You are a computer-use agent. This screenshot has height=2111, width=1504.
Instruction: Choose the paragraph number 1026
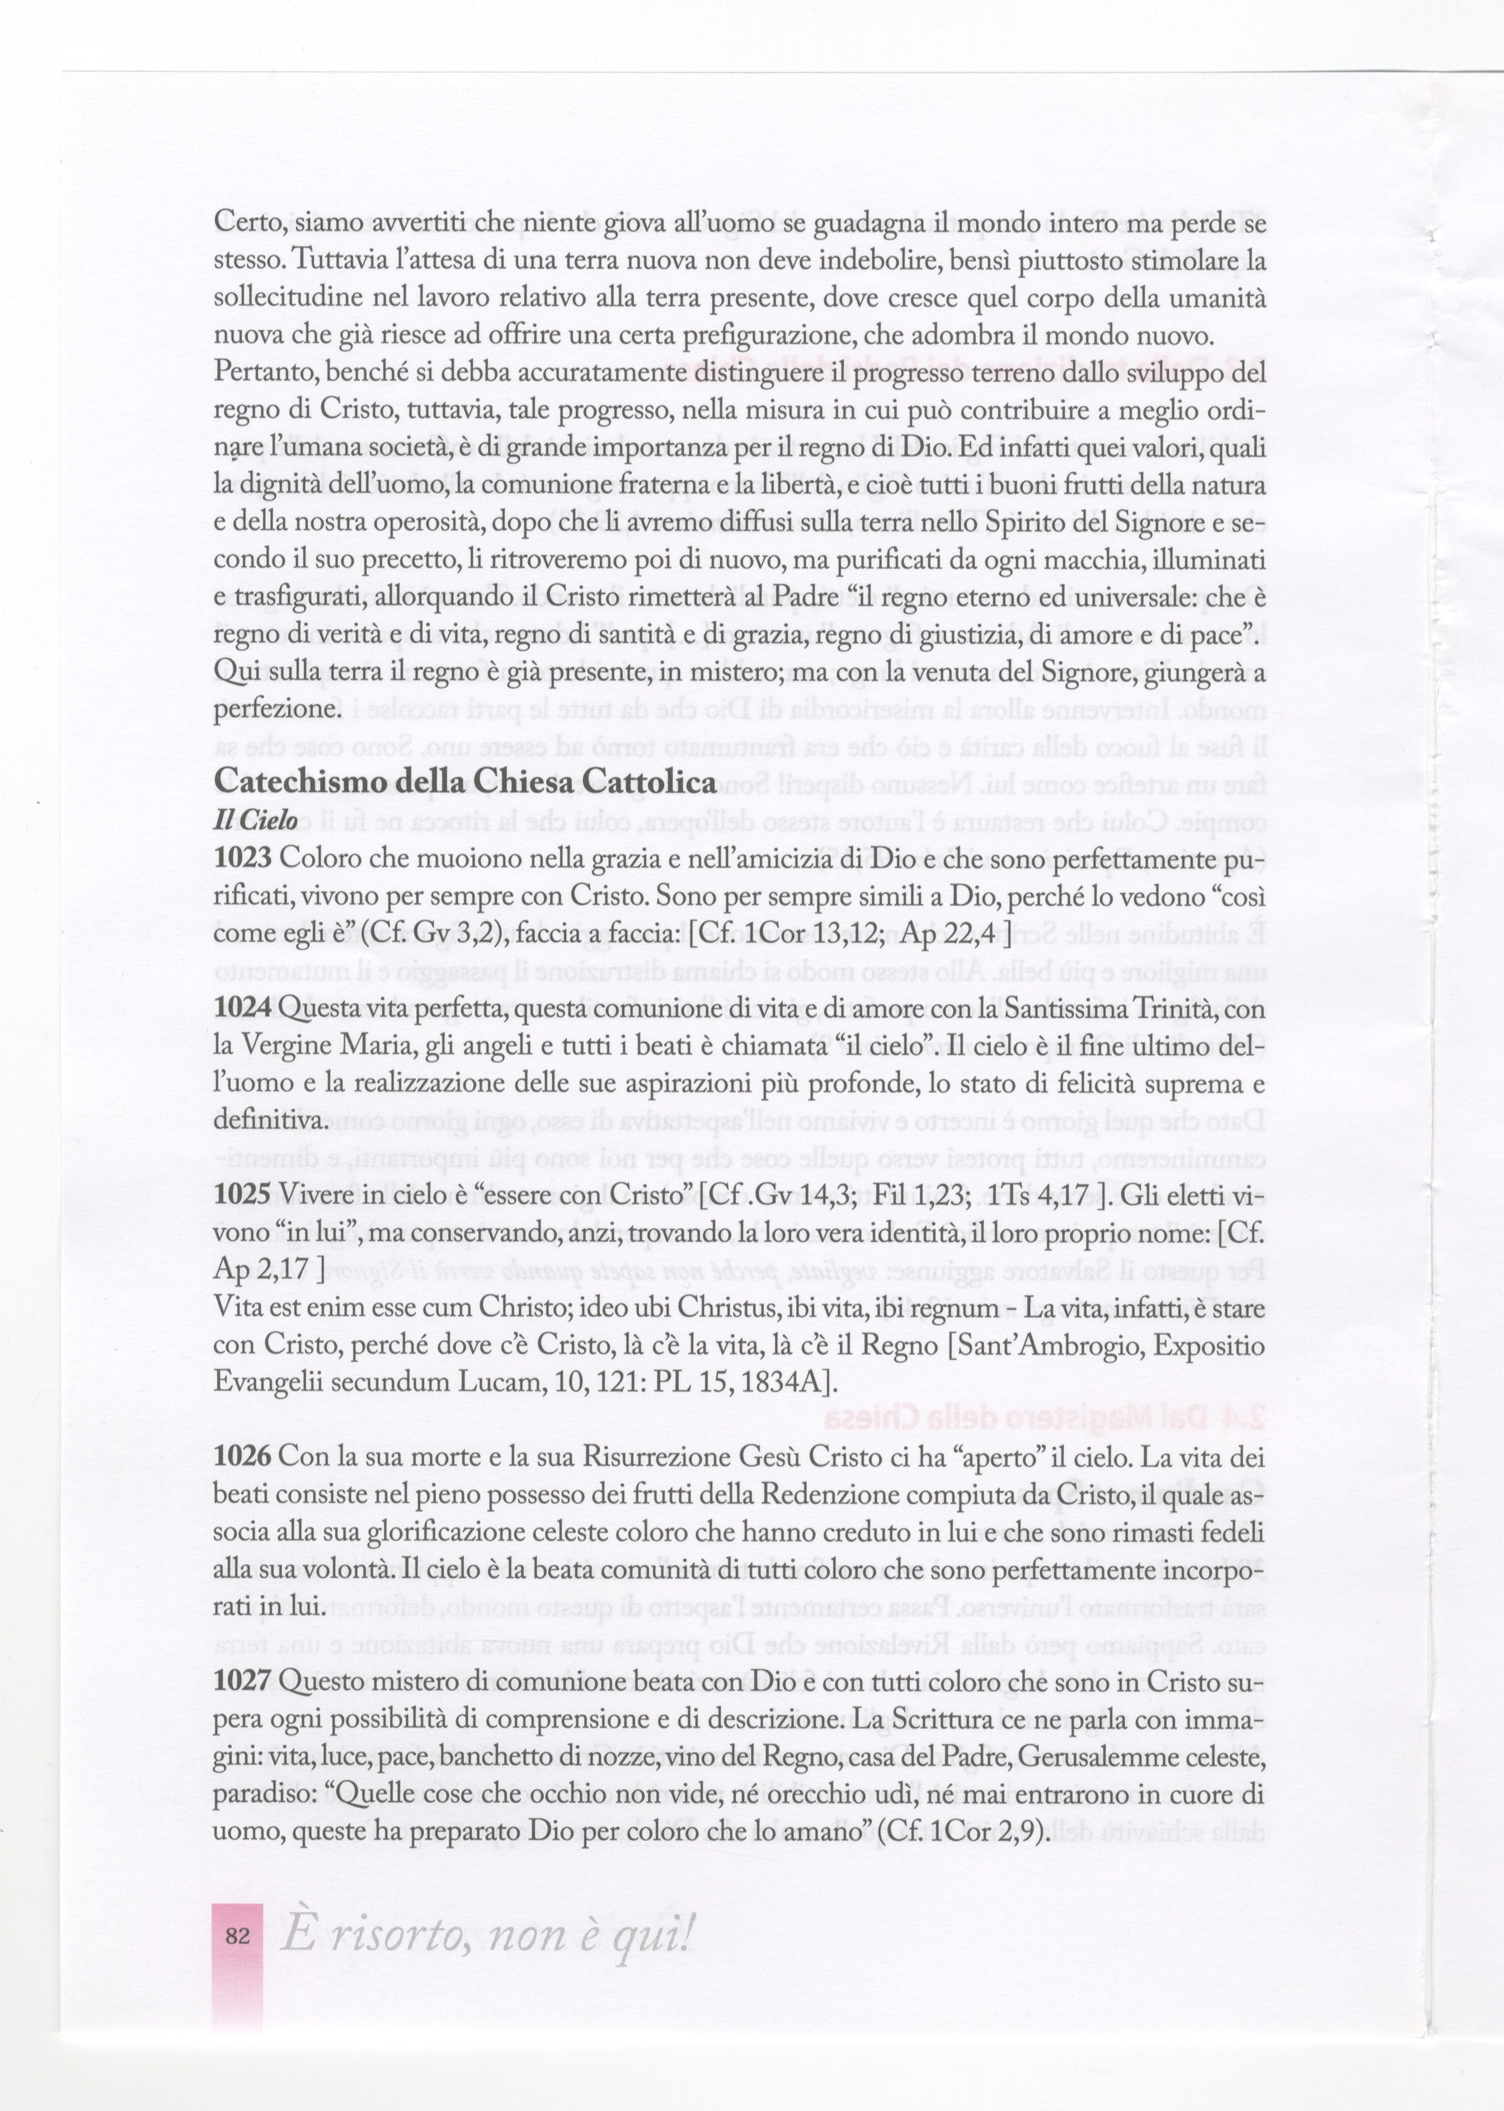(243, 1457)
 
